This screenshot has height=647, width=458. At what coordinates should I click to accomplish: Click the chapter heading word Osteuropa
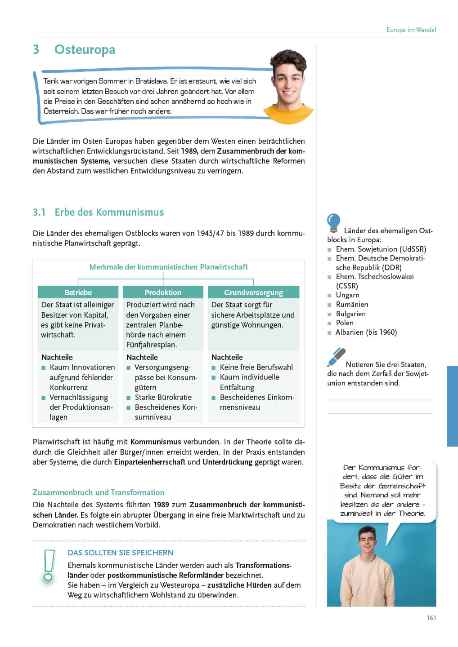85,49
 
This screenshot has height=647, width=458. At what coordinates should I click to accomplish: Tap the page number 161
431,618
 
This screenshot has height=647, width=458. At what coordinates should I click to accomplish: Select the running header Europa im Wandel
411,30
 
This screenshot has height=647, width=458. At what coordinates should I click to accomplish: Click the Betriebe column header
78,292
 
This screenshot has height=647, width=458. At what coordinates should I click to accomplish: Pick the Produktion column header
163,292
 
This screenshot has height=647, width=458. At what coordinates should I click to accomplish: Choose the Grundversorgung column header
253,292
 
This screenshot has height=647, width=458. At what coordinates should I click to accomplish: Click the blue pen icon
336,357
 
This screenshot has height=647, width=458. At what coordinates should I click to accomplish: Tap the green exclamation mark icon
48,567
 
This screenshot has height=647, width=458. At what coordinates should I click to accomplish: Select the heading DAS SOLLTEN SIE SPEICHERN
120,553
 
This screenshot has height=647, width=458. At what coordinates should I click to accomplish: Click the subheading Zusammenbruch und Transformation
98,492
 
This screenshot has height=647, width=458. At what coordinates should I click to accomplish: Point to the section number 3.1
39,212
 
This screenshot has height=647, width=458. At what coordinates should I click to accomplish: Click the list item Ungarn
347,295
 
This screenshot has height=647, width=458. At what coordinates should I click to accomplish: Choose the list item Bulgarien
350,314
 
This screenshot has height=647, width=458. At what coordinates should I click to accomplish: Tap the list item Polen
345,323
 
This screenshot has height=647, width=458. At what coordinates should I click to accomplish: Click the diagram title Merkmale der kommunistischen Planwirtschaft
168,267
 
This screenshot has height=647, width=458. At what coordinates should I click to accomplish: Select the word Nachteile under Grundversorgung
227,357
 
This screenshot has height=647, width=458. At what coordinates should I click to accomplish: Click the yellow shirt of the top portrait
288,114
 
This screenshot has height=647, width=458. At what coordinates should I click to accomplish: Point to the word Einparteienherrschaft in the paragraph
149,462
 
